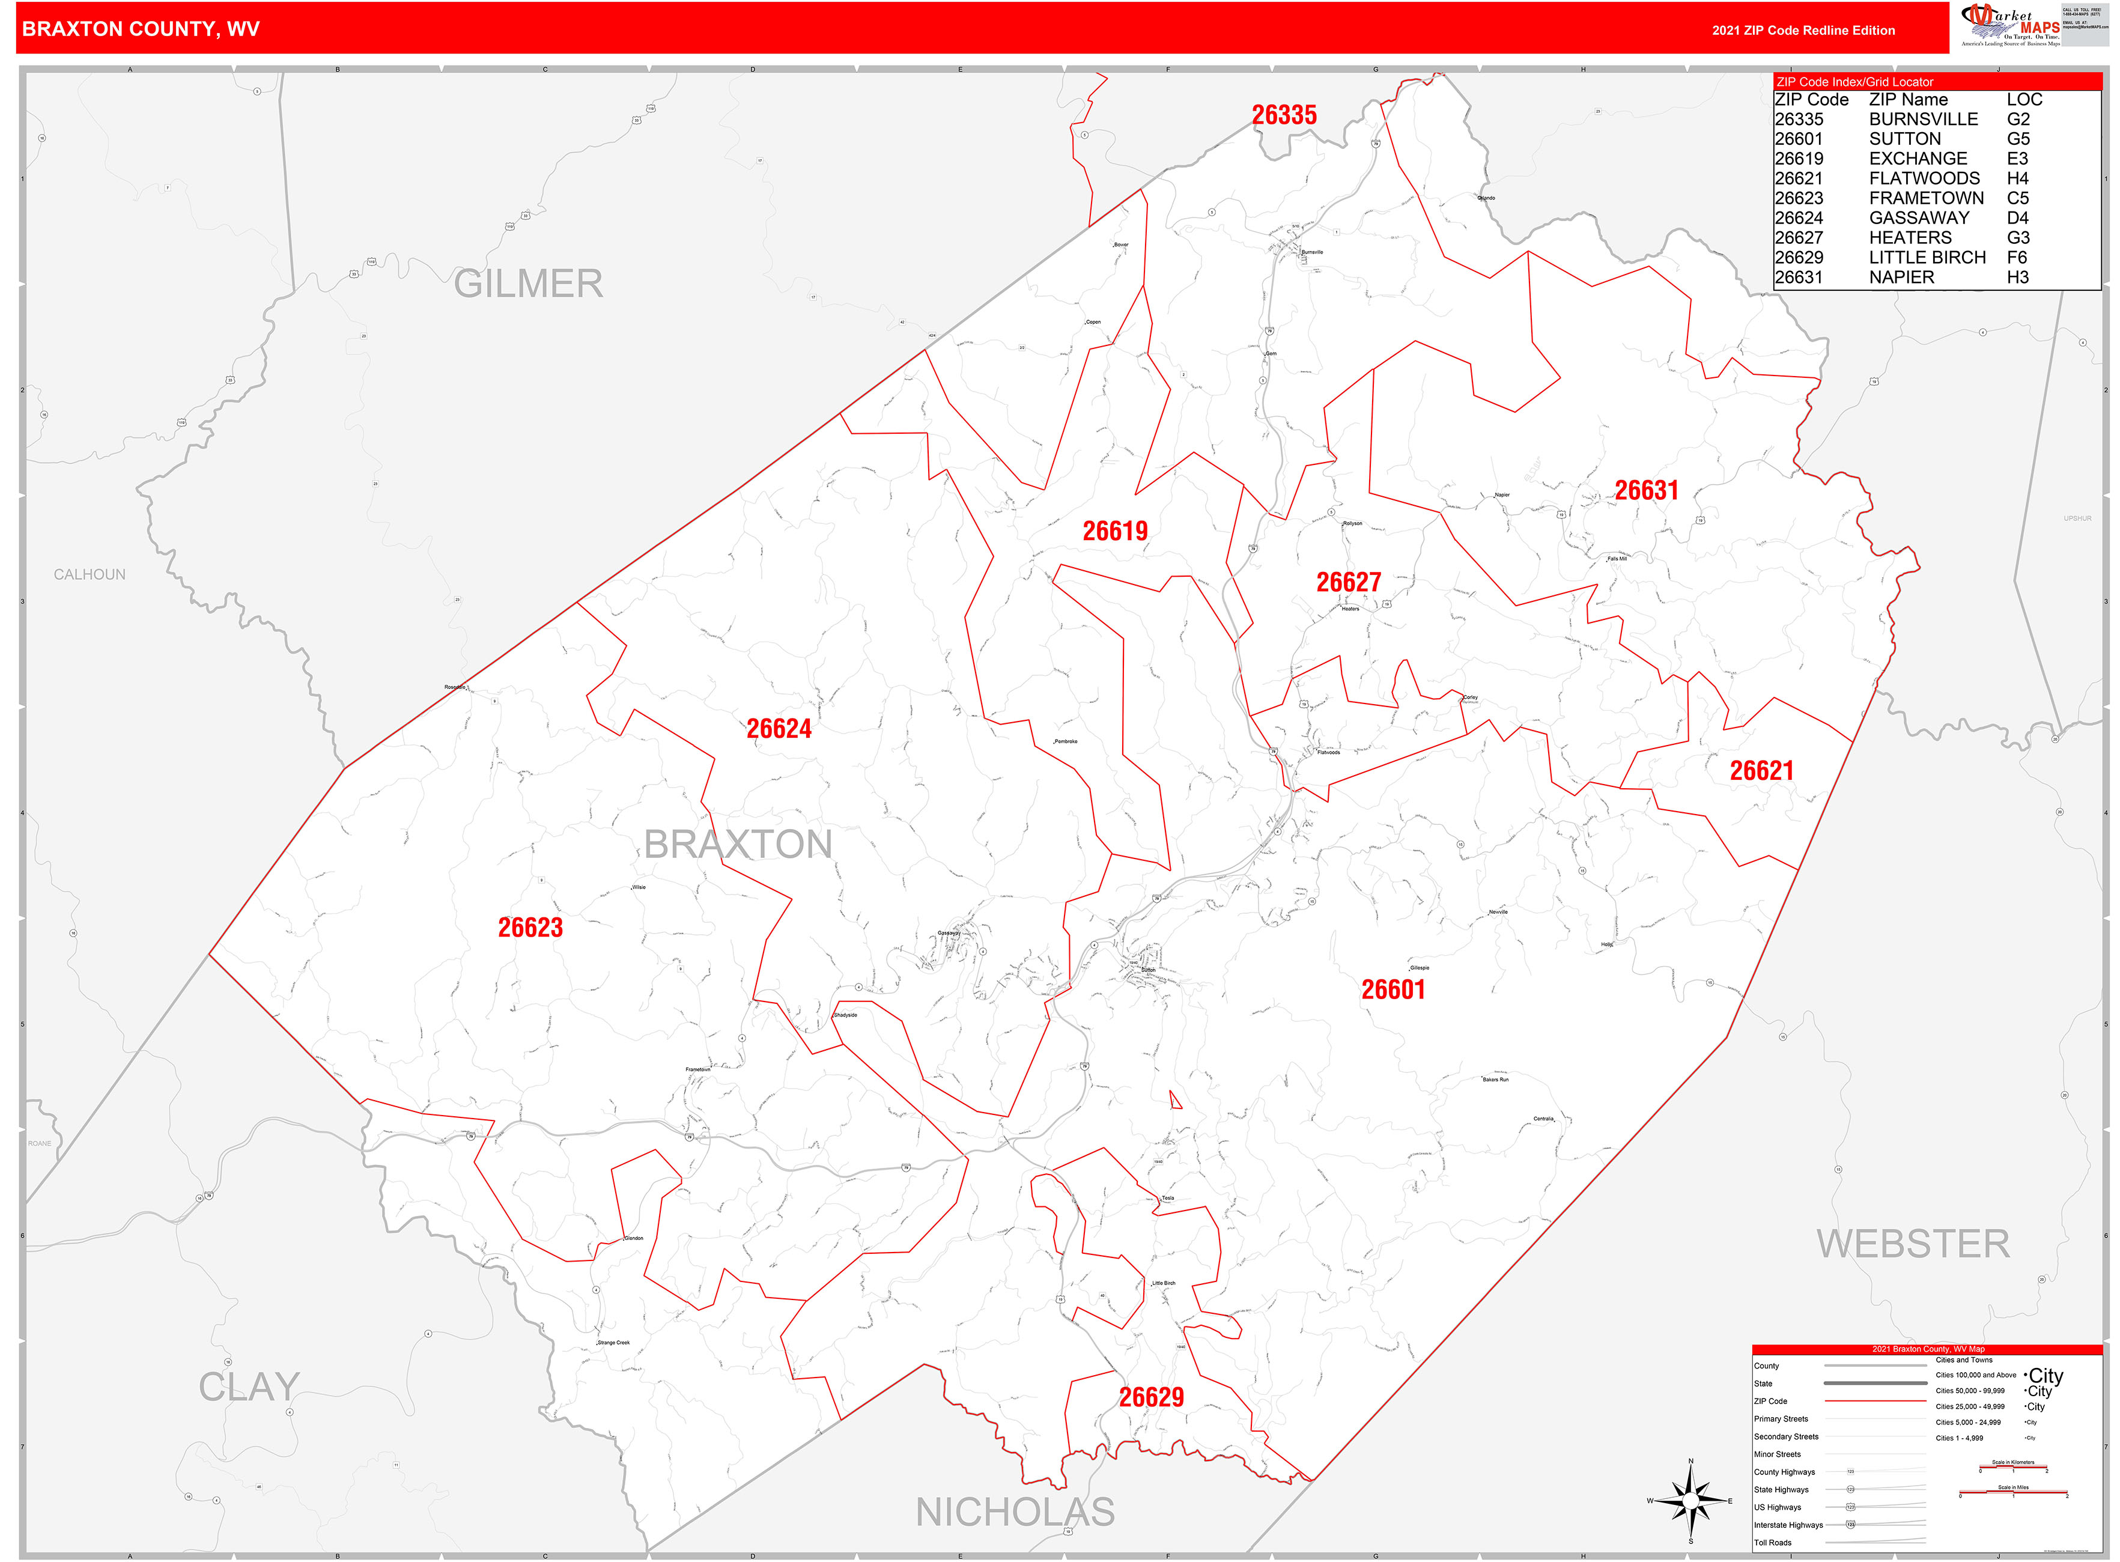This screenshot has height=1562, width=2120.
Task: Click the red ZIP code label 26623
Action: tap(530, 928)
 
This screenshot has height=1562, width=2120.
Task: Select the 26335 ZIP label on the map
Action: tap(1284, 115)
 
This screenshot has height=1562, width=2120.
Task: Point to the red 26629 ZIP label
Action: tap(1151, 1397)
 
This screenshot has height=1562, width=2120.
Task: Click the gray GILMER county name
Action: tap(527, 284)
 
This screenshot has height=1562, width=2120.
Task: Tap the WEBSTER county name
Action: tap(1913, 1244)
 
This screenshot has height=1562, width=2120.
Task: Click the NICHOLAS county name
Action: tap(1015, 1512)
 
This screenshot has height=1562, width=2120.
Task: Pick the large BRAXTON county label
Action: tap(738, 843)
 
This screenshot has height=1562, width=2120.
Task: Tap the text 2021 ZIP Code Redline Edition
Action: tap(1803, 30)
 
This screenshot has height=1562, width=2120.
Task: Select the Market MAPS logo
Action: tap(2009, 25)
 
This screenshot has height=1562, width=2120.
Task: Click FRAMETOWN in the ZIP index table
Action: tap(1926, 198)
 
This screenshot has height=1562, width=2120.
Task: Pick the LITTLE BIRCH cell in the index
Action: tap(1927, 257)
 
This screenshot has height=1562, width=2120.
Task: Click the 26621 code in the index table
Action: tap(1799, 178)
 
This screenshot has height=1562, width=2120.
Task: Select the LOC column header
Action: tap(2024, 99)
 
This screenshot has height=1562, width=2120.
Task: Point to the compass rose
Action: tap(1690, 1501)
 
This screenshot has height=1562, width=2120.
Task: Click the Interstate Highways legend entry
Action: tap(1788, 1525)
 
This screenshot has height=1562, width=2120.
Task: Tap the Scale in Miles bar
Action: tap(2013, 1494)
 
